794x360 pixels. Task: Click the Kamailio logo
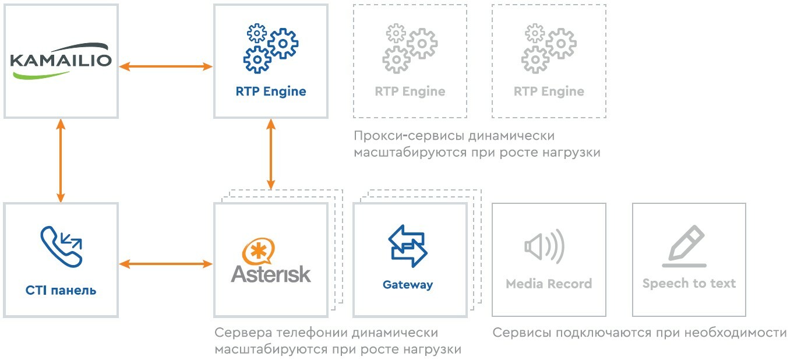coord(61,61)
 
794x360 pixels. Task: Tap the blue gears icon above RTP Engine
coord(271,48)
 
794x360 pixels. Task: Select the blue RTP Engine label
coord(271,91)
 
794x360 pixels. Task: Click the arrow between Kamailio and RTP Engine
coord(166,67)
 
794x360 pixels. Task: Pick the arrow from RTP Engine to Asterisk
coord(271,153)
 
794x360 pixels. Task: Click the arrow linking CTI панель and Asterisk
coord(166,264)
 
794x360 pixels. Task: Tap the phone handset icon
coord(61,247)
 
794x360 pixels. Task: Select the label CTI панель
coord(61,290)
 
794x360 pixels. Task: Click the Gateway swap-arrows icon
coord(408,246)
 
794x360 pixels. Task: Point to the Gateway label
coord(408,285)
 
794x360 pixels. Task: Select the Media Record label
coord(549,284)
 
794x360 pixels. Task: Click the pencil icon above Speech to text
coord(686,245)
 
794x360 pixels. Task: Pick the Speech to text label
coord(689,284)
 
